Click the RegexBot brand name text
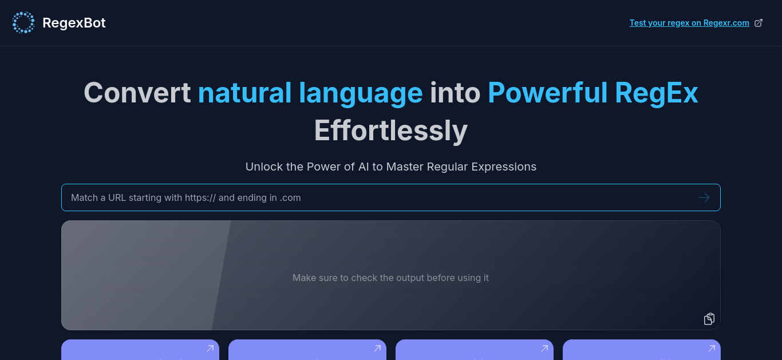(74, 23)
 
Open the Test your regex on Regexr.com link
(689, 23)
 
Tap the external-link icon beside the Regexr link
(759, 23)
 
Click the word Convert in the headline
(137, 93)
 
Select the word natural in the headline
(244, 93)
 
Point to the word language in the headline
(361, 94)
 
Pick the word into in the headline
(455, 93)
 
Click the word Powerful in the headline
(547, 93)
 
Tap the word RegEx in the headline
(656, 94)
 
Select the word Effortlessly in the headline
(391, 131)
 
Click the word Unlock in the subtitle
(264, 167)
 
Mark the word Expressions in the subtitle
(504, 167)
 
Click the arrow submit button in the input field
(704, 197)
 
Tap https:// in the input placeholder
(200, 197)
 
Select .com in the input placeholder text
(290, 198)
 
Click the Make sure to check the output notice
(390, 278)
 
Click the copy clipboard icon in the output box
(709, 319)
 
